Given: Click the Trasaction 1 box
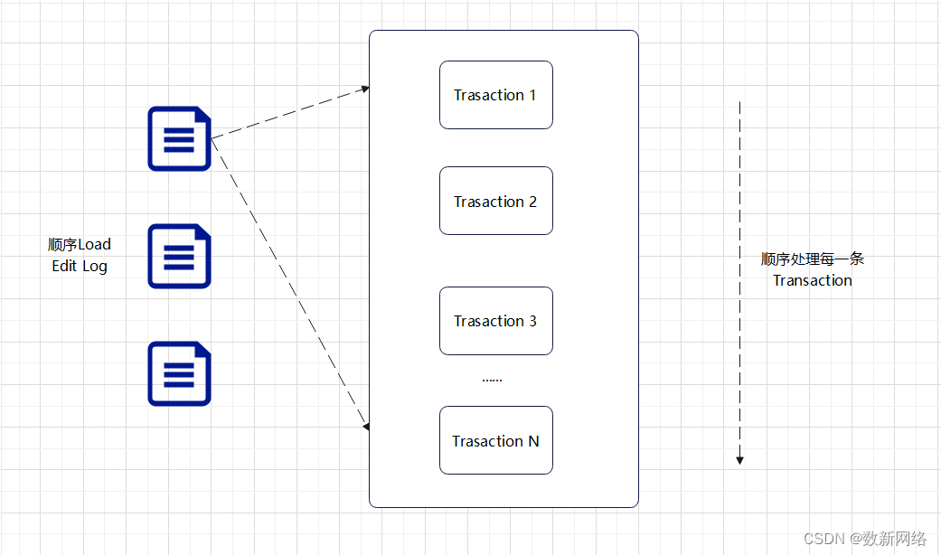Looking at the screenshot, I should [x=495, y=95].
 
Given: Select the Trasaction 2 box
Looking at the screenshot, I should [x=495, y=201].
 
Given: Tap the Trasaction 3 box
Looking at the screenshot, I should [x=495, y=321].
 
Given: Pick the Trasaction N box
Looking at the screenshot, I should [x=495, y=440].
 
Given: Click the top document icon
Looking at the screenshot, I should [x=179, y=138].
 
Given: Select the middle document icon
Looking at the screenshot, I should [x=179, y=256].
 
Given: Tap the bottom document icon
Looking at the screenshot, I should [x=179, y=373].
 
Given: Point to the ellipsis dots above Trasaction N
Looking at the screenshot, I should [x=492, y=380].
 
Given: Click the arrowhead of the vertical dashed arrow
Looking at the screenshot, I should [x=739, y=459].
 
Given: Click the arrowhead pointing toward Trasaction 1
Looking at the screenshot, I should [x=365, y=89].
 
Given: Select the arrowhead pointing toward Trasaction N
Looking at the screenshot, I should [x=366, y=426].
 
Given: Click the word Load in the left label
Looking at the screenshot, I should [x=94, y=244].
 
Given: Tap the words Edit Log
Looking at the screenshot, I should [x=80, y=266].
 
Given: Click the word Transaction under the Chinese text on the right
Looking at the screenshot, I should [x=812, y=280].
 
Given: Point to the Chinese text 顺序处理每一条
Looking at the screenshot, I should [x=812, y=259].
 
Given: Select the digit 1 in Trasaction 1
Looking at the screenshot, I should [x=532, y=95].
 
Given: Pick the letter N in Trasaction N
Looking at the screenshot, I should [x=533, y=441].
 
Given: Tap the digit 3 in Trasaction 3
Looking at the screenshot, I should [x=532, y=321].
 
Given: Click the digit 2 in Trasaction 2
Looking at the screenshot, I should [x=532, y=202].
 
